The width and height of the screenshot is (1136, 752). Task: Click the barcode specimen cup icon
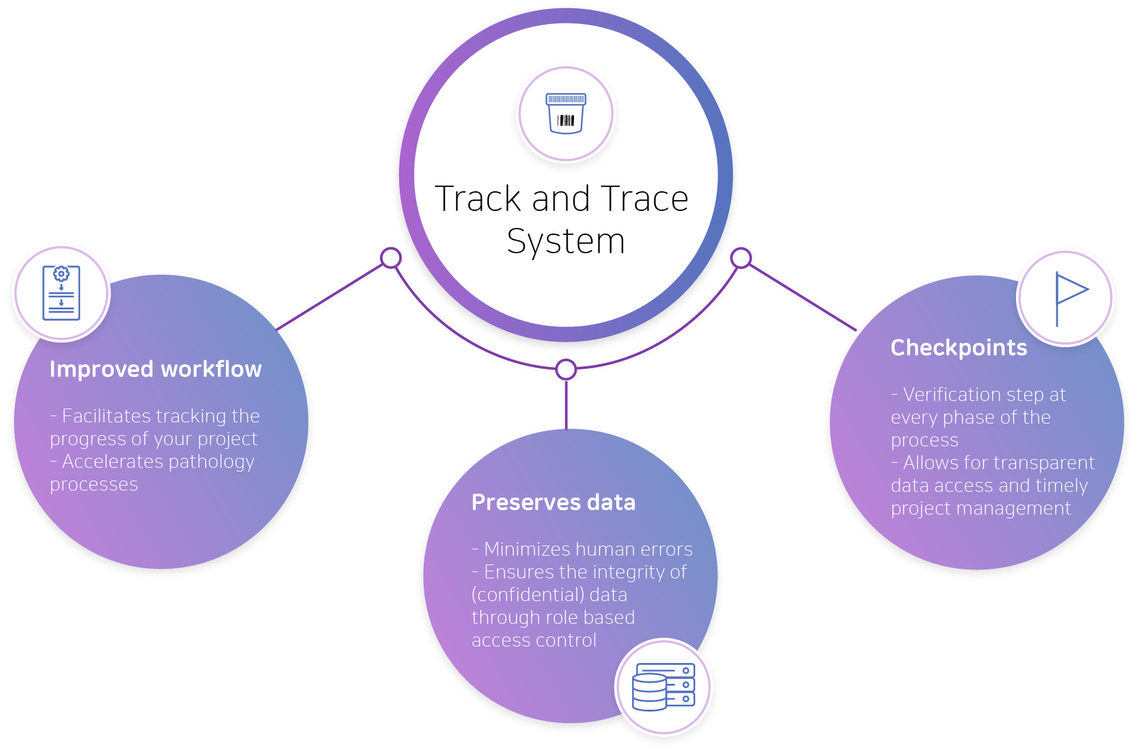tap(566, 114)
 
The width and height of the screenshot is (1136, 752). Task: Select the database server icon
tap(664, 687)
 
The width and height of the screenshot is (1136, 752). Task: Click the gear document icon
tap(61, 293)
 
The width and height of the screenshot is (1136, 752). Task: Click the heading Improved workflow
tap(155, 369)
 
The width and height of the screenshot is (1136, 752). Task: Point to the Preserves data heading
tap(553, 503)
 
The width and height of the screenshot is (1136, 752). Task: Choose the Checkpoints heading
tap(959, 348)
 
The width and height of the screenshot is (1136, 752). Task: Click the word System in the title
tap(566, 241)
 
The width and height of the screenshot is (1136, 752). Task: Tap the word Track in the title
tap(478, 199)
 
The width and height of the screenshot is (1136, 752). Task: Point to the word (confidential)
tap(528, 595)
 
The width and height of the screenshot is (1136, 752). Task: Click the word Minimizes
tap(528, 549)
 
